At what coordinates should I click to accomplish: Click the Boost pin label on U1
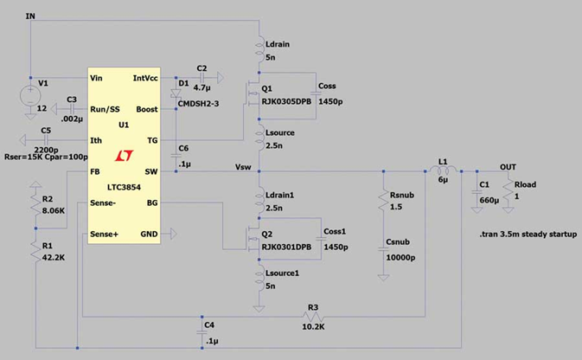tap(147, 109)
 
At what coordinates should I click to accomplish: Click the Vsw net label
tap(244, 165)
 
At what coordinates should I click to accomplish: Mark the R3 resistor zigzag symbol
tap(312, 316)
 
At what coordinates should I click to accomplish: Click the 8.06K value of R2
tap(53, 210)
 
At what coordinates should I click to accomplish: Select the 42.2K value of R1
tap(54, 257)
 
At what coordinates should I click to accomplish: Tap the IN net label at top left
tap(31, 16)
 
